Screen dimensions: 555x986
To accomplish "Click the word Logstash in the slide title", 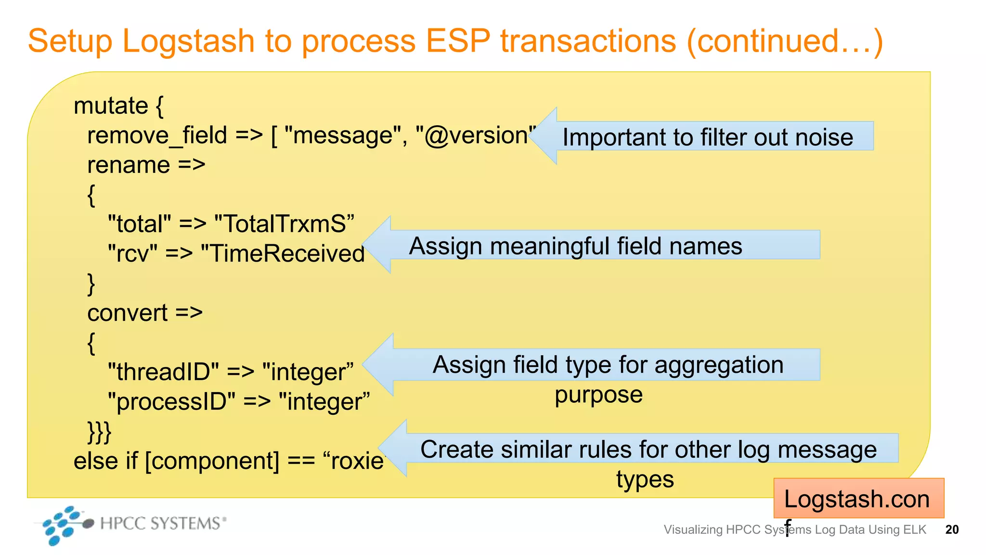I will pyautogui.click(x=188, y=41).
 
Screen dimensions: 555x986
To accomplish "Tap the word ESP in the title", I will pyautogui.click(x=458, y=40).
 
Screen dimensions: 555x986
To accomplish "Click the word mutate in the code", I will pyautogui.click(x=111, y=106).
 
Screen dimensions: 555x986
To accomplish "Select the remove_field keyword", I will pyautogui.click(x=157, y=135).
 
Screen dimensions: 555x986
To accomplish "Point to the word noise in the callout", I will pyautogui.click(x=824, y=137).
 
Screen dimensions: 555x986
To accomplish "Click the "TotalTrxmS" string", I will pyautogui.click(x=284, y=225).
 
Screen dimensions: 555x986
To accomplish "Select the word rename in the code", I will pyautogui.click(x=129, y=165).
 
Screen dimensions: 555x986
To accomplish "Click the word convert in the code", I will pyautogui.click(x=128, y=313).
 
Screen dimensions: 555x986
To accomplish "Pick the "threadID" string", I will pyautogui.click(x=163, y=372).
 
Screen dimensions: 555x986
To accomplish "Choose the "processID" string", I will pyautogui.click(x=171, y=402).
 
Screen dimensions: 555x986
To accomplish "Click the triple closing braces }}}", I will pyautogui.click(x=99, y=432).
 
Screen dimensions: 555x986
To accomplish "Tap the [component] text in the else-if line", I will pyautogui.click(x=212, y=461).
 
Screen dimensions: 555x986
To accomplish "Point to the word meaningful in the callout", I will pyautogui.click(x=549, y=246).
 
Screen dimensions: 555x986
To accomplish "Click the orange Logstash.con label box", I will pyautogui.click(x=858, y=499).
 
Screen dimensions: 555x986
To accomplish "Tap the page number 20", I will pyautogui.click(x=952, y=529).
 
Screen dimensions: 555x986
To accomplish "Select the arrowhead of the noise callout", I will pyautogui.click(x=546, y=136).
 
